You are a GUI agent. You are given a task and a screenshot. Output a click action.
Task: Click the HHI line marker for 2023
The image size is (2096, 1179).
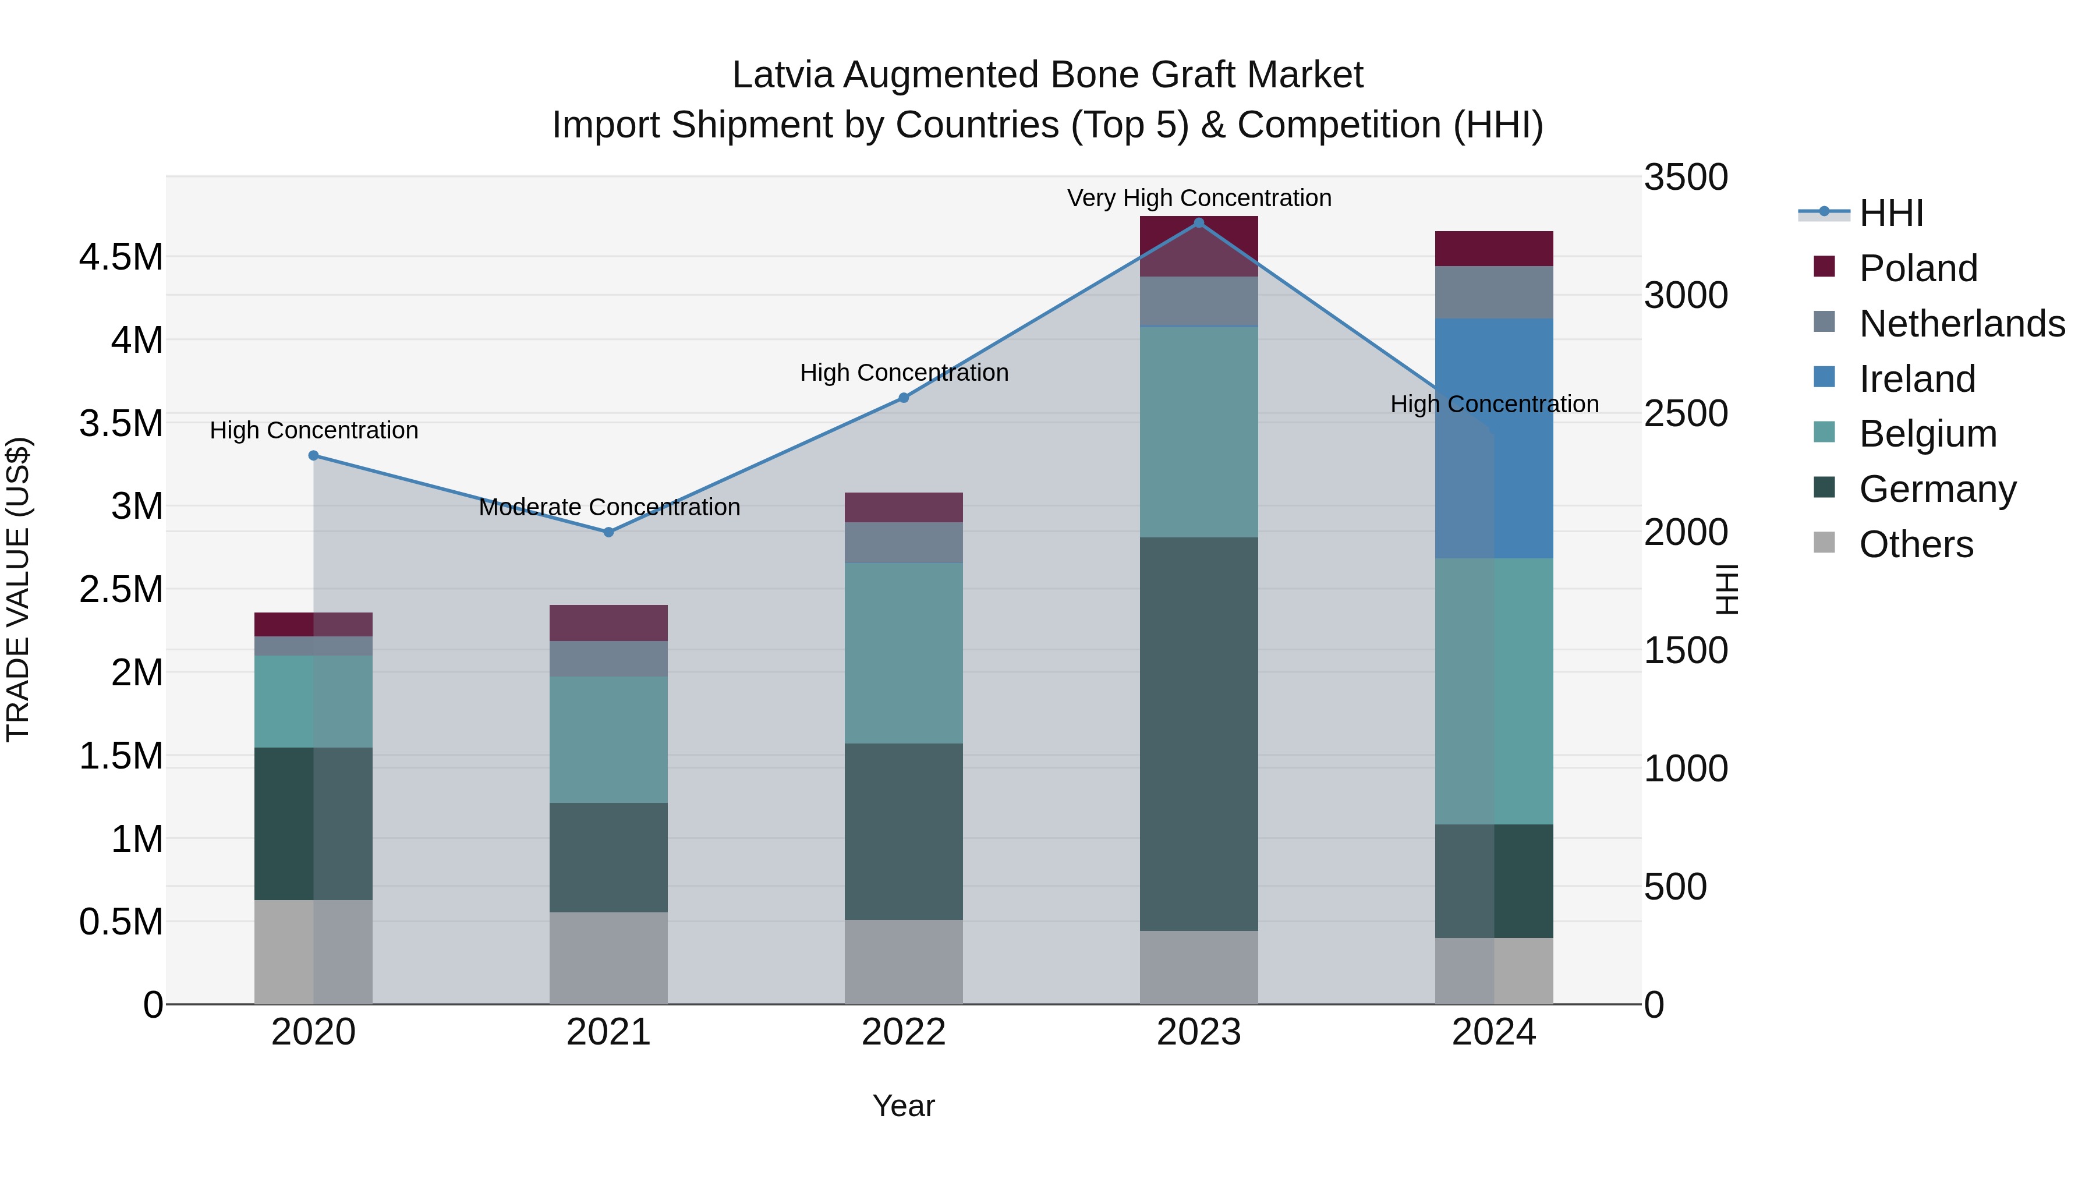click(1199, 223)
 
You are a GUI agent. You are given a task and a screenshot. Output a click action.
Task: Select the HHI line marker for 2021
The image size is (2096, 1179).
click(608, 532)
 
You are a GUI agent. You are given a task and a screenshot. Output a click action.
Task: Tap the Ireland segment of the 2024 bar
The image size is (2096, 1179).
click(1494, 438)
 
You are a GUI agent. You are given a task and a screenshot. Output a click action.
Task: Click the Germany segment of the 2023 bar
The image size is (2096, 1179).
click(1199, 734)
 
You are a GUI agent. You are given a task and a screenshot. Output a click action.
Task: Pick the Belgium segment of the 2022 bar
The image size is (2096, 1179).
click(903, 653)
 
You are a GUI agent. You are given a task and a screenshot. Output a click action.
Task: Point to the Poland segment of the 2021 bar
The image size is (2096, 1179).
click(608, 622)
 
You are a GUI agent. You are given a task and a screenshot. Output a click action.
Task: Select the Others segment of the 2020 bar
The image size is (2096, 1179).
click(313, 951)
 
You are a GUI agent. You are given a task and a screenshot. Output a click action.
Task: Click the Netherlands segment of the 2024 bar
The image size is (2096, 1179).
click(1494, 292)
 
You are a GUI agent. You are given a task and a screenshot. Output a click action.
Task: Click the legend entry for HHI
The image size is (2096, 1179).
click(1890, 213)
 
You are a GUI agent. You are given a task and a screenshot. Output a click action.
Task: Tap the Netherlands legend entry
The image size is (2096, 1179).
click(1961, 324)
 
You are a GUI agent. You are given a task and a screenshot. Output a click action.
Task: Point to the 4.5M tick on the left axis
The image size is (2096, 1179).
click(121, 257)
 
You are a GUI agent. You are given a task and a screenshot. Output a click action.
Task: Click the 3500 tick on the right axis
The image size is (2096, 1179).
click(1685, 178)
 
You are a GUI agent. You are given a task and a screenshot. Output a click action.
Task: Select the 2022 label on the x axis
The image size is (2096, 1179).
click(903, 1032)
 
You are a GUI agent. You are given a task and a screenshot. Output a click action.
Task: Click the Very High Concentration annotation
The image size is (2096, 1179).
click(1199, 198)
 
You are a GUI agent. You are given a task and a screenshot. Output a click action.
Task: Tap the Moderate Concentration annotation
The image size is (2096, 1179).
click(608, 507)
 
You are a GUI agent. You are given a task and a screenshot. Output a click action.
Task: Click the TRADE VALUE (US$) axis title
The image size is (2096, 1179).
click(18, 589)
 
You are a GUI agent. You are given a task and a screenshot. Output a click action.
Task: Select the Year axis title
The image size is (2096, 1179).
click(903, 1106)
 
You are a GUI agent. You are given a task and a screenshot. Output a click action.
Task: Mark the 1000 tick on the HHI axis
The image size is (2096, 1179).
click(1685, 769)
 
